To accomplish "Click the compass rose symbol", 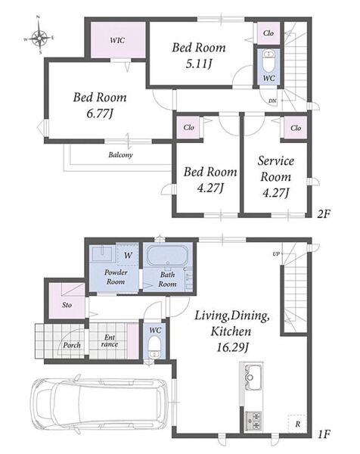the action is point(39,38).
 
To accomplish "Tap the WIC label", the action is point(117,39).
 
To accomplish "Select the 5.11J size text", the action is point(198,64).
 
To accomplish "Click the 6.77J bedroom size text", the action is point(100,113).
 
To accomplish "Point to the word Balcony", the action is point(120,155).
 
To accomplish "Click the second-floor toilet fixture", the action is point(269,62).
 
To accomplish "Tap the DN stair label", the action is point(272,101).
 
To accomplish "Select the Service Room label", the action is point(276,169).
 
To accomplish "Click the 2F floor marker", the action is point(324,214).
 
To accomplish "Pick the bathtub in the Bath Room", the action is point(168,256).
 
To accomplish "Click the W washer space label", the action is point(128,256).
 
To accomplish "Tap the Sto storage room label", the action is point(67,305).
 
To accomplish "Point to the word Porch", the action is point(72,345).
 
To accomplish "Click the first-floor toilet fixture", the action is point(155,347).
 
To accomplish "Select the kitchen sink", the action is point(253,378).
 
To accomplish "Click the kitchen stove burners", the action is point(253,421).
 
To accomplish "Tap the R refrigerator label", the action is point(297,424).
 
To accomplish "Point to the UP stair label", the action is point(276,254).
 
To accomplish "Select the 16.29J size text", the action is point(231,347).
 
